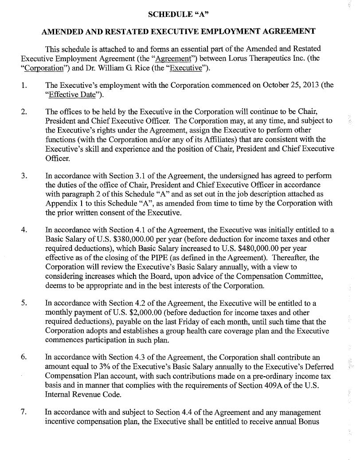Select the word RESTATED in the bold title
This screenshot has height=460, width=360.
click(136, 31)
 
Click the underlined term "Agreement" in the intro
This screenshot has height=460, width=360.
click(162, 58)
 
